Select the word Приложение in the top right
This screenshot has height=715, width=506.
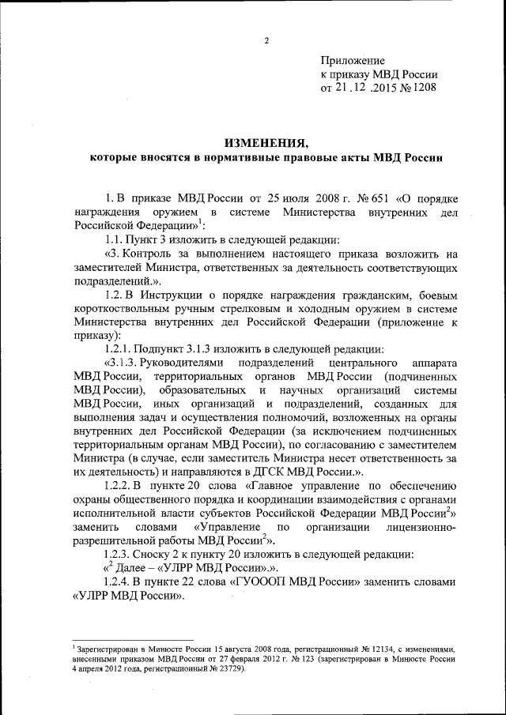[x=352, y=61]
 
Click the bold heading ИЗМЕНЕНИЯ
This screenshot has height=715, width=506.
[x=266, y=142]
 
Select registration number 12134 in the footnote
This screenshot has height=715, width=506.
[x=337, y=649]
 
